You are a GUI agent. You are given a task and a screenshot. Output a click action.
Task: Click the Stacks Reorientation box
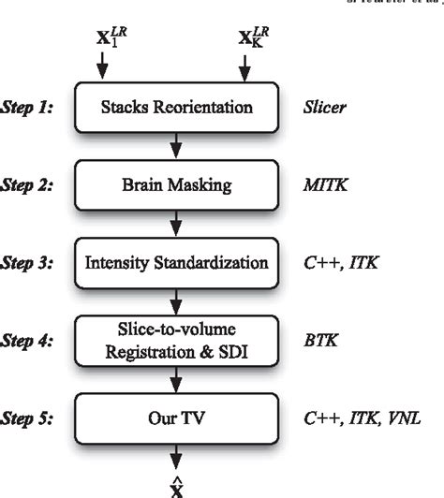pos(175,107)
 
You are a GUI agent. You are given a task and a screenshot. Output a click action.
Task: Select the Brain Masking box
pos(175,185)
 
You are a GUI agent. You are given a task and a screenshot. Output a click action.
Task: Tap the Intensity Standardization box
pos(175,263)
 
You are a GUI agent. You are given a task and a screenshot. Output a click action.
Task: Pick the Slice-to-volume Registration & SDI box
pos(175,341)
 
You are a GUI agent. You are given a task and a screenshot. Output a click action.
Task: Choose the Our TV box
pos(175,418)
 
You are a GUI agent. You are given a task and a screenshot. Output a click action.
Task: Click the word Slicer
pos(324,108)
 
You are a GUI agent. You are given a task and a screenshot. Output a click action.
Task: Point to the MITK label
pos(323,185)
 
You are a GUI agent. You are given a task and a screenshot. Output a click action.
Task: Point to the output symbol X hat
pos(175,487)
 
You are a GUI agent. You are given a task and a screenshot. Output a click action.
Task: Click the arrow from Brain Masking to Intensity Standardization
pos(175,225)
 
